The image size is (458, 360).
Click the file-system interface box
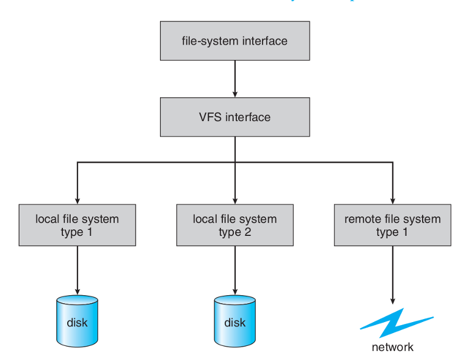[x=234, y=42]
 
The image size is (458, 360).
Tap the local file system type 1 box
[x=77, y=225]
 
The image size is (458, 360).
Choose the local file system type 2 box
[x=234, y=225]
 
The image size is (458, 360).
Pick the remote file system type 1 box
[x=392, y=225]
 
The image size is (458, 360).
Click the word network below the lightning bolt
[x=393, y=347]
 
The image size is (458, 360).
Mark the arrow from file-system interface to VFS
[x=234, y=79]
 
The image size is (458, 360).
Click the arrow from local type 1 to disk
[x=77, y=269]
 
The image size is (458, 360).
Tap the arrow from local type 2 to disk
[x=235, y=269]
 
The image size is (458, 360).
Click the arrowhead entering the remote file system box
[x=392, y=200]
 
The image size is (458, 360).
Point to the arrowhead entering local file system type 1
[x=77, y=200]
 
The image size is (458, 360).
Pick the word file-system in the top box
[x=206, y=42]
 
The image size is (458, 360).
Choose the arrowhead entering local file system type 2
[x=234, y=200]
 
